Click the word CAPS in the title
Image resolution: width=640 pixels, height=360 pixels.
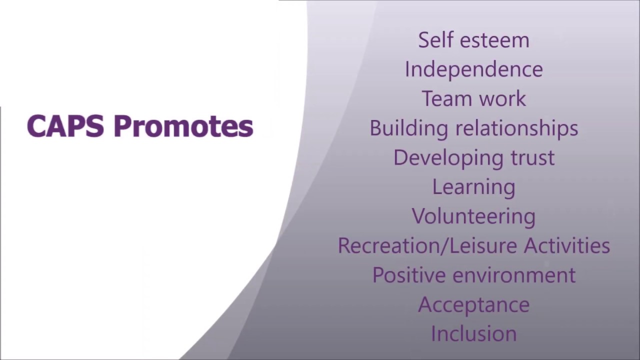point(65,126)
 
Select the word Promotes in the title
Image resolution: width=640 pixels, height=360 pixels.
point(183,126)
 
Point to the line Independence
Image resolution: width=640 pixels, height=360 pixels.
point(473,69)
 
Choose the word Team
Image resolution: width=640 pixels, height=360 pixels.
point(446,98)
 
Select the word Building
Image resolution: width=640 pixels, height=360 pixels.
point(408,128)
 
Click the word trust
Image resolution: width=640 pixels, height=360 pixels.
point(532,157)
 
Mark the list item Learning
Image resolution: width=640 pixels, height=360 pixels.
point(473,187)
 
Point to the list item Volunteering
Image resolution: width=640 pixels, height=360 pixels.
point(473,216)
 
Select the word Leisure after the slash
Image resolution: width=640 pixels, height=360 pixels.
point(480,245)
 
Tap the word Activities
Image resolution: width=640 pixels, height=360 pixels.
point(567,245)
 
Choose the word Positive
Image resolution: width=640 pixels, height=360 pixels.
point(408,275)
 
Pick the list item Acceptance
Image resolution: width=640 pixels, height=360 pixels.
point(473,304)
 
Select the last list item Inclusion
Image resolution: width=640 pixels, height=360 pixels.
point(473,334)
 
